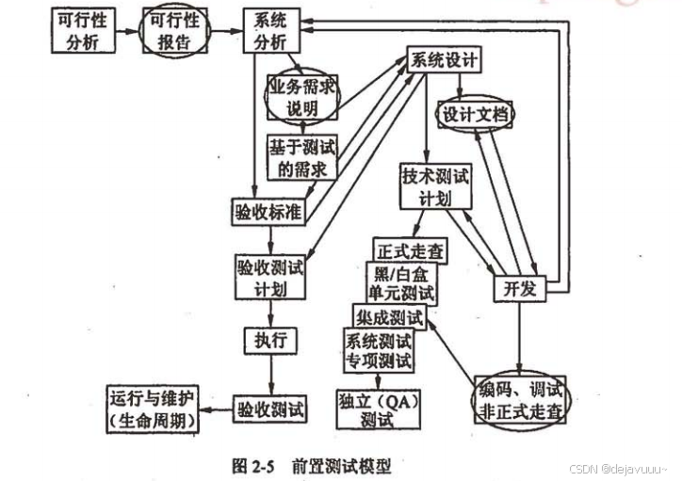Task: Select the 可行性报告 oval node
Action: click(174, 32)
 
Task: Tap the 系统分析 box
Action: click(269, 32)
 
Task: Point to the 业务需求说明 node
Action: click(302, 98)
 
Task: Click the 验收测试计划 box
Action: click(272, 275)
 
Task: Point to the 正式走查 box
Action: click(411, 251)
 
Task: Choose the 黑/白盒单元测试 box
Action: click(401, 282)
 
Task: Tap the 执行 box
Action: click(270, 338)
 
